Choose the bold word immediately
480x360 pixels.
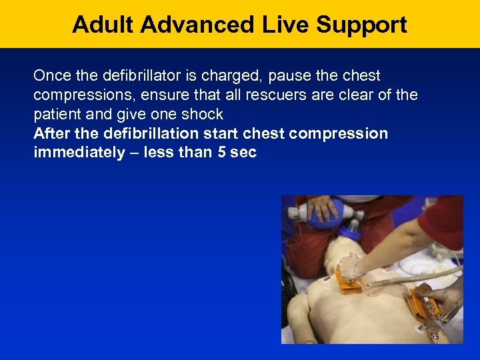click(79, 153)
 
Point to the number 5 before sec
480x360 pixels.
click(221, 153)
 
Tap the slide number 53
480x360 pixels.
click(435, 337)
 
